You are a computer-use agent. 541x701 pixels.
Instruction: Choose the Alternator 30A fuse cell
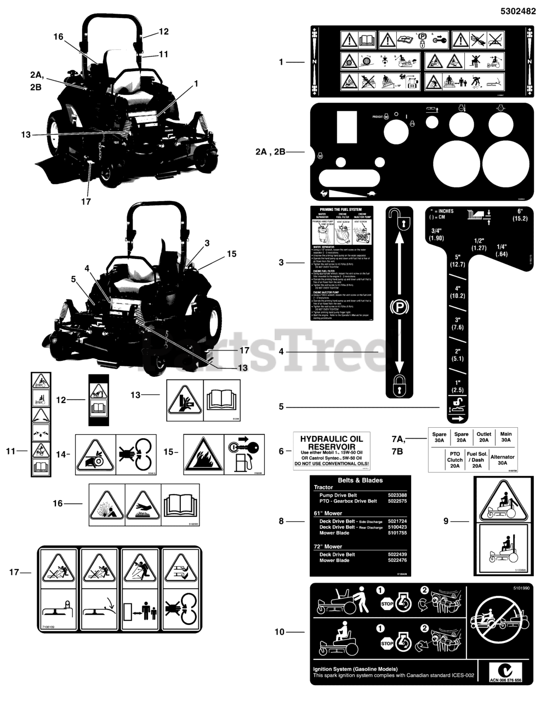tap(502, 460)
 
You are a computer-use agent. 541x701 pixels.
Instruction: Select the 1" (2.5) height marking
tap(457, 386)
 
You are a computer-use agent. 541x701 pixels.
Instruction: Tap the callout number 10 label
tap(280, 631)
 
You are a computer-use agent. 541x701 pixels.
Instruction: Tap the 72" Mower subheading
tap(328, 546)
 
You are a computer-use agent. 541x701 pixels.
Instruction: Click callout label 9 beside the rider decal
tap(446, 521)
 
